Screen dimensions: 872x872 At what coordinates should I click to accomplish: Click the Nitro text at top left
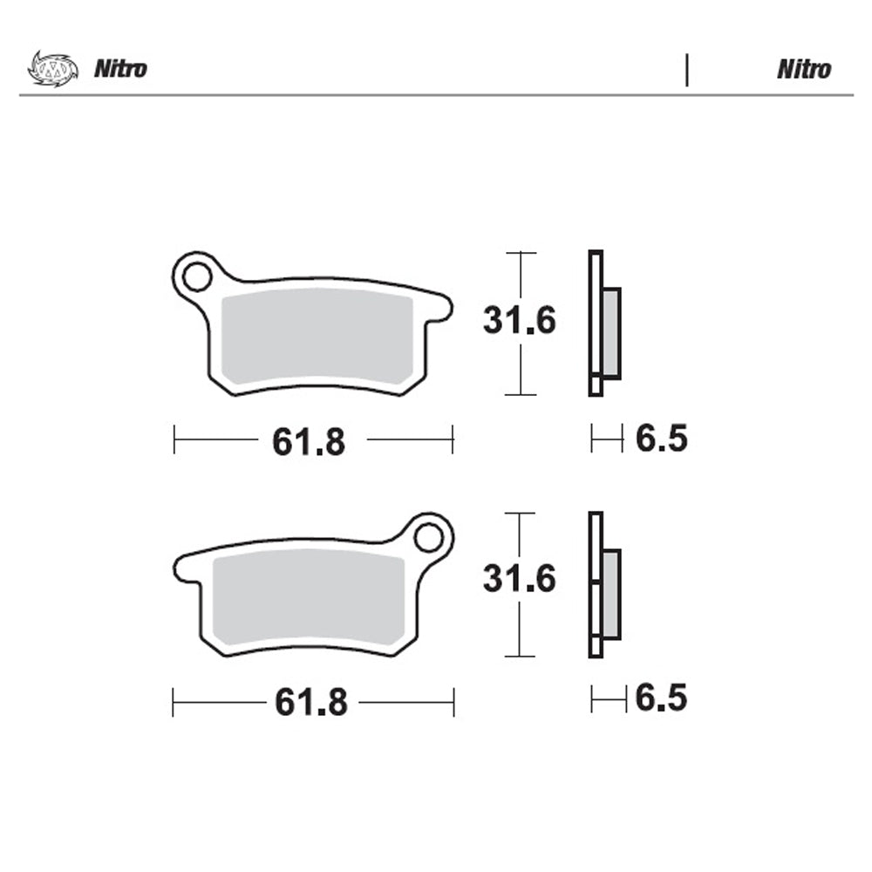(120, 70)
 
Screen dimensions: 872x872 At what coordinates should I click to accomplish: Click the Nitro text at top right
(803, 70)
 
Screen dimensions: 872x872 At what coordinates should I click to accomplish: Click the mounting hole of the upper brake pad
(195, 277)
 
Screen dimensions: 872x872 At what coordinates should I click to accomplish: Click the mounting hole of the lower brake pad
(428, 537)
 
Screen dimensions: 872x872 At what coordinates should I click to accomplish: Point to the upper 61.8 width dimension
(309, 443)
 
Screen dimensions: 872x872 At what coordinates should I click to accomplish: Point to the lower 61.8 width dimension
(311, 702)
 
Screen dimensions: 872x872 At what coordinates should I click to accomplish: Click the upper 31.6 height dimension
(520, 322)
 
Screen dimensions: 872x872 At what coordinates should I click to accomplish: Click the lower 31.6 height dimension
(520, 579)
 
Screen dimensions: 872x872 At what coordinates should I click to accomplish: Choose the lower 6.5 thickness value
(661, 698)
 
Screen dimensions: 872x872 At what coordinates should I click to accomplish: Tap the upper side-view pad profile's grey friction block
(611, 333)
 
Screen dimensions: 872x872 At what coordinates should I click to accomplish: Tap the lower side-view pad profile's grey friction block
(611, 594)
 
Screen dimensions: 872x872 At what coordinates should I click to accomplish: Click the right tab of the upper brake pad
(440, 308)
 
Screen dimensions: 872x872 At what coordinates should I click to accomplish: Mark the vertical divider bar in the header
(687, 70)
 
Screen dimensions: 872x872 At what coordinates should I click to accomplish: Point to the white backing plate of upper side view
(596, 323)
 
